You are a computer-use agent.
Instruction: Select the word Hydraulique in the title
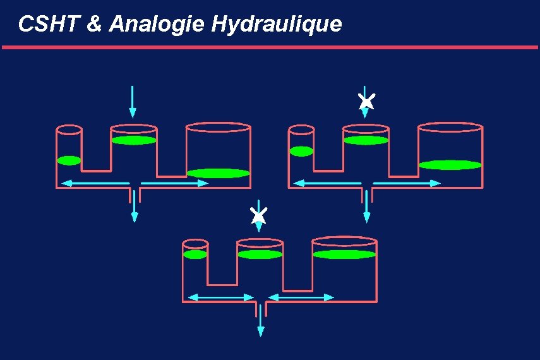click(277, 24)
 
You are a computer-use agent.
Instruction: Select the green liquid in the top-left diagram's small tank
click(69, 160)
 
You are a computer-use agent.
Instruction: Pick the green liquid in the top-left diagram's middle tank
click(134, 140)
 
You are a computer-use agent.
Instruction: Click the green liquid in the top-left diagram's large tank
click(219, 173)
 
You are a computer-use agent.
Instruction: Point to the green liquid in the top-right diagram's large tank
click(450, 165)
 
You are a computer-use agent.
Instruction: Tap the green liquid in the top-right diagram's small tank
click(301, 151)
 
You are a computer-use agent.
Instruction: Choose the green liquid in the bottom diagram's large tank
click(345, 255)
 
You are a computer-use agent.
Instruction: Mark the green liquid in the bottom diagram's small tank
click(195, 255)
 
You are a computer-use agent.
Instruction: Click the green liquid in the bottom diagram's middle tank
click(260, 255)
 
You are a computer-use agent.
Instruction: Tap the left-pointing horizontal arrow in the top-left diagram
click(95, 183)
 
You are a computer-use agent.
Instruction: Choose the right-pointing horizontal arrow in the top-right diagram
click(407, 183)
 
